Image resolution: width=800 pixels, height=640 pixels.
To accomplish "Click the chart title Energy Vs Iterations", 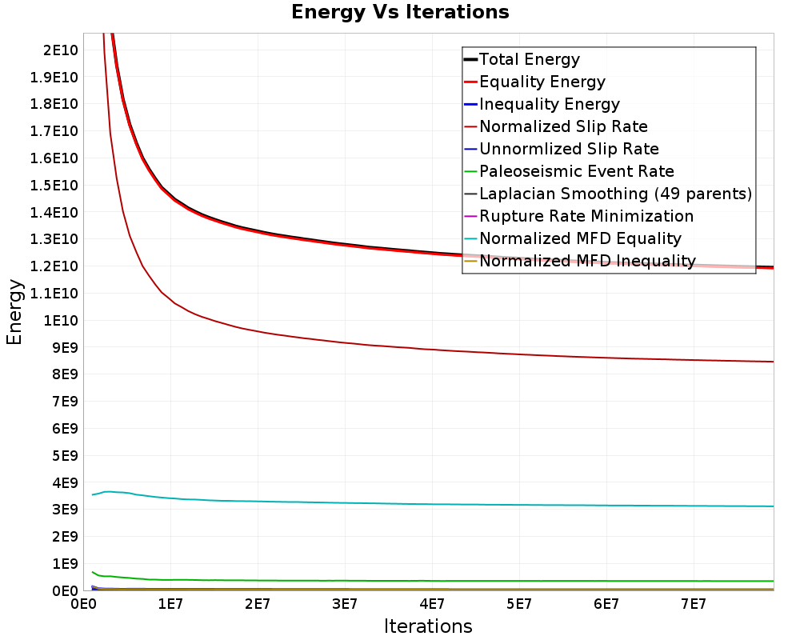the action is [400, 12].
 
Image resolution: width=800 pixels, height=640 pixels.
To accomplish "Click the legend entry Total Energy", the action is [522, 59].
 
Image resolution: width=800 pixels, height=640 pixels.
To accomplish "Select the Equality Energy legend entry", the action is [534, 82].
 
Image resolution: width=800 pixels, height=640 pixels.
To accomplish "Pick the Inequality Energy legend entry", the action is [542, 104].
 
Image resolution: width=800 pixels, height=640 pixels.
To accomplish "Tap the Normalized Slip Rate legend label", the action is [563, 126].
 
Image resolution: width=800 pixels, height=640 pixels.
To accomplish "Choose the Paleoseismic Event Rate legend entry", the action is [570, 171].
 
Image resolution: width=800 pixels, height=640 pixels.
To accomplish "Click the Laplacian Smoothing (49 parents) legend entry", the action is [608, 194].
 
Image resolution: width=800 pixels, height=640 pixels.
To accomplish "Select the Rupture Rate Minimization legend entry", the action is [579, 216].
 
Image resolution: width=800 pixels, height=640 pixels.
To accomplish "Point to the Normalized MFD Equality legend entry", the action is [573, 239].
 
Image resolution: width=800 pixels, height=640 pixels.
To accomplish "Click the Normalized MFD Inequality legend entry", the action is [580, 262].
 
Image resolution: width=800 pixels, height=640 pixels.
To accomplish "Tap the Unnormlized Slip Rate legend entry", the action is [562, 149].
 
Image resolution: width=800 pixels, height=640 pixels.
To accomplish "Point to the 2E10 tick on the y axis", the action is [61, 50].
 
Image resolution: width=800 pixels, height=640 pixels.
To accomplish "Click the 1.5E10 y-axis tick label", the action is [54, 186].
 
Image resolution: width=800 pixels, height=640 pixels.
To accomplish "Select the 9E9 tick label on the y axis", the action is [65, 347].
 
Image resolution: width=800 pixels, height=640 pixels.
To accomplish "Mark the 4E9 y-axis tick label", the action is [65, 483].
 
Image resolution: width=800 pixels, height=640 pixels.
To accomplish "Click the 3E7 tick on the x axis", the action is [344, 605].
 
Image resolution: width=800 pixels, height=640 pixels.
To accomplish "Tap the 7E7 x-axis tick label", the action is [694, 605].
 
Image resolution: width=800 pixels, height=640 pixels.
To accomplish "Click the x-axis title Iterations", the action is [428, 626].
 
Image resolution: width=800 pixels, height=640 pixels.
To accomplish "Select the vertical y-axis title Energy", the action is [14, 312].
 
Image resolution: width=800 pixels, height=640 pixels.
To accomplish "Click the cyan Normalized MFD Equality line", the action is [433, 504].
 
